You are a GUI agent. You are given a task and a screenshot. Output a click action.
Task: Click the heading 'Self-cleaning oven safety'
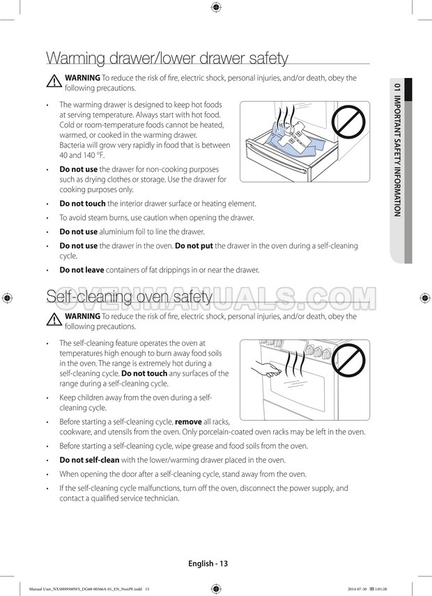coord(129,297)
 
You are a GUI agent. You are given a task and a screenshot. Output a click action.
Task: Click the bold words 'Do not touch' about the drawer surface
coord(83,203)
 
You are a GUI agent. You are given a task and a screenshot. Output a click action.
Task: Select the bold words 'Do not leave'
coord(82,269)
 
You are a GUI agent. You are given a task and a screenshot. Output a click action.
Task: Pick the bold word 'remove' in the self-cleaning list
coord(188,422)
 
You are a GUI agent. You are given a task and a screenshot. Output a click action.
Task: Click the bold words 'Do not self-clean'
coord(89,460)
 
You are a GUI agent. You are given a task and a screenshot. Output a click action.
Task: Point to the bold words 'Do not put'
coord(194,246)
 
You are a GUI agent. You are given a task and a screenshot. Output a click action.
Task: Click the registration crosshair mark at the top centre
coord(215,8)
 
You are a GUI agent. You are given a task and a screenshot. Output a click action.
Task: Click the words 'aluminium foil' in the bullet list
coord(124,232)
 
